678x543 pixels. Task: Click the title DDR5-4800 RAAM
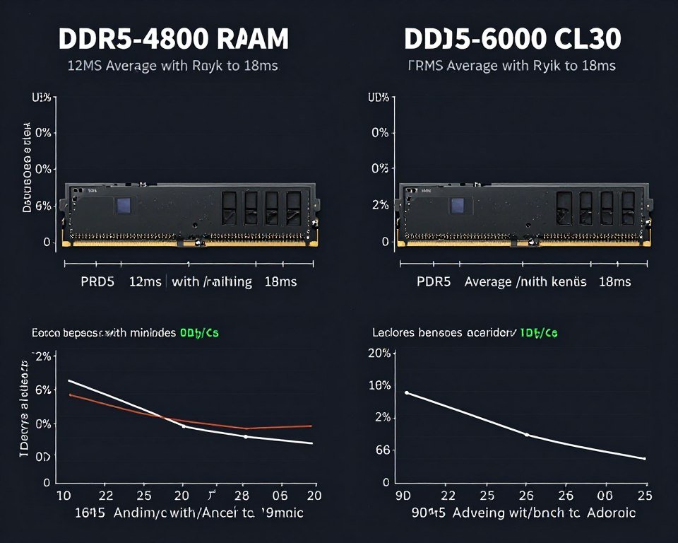[173, 39]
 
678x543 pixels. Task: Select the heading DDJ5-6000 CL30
[513, 39]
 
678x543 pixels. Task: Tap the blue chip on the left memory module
[124, 205]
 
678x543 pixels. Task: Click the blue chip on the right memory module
[458, 205]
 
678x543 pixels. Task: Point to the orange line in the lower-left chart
[275, 426]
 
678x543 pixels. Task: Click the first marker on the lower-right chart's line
[407, 392]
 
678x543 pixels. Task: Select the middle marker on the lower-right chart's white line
[527, 434]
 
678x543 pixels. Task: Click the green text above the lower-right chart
[539, 332]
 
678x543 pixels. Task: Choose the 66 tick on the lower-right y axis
[381, 450]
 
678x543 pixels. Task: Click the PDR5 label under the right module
[433, 281]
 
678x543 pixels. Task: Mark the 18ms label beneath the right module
[614, 281]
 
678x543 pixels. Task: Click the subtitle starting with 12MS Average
[172, 66]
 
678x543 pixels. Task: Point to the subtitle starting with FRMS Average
[512, 66]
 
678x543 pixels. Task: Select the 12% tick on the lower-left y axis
[42, 356]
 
